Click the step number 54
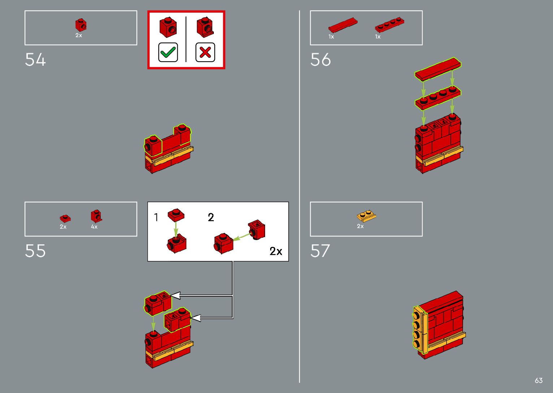click(x=35, y=60)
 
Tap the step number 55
click(x=35, y=251)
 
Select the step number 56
click(x=320, y=60)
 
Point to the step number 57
click(x=320, y=251)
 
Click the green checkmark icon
click(x=168, y=52)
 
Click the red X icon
click(x=205, y=52)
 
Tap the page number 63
click(x=539, y=380)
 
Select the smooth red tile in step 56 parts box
click(x=342, y=25)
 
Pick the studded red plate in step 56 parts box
click(x=389, y=25)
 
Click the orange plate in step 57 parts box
click(x=367, y=216)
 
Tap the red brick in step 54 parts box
click(x=81, y=25)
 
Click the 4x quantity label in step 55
click(x=94, y=227)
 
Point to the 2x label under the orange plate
click(x=360, y=226)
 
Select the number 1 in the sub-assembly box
click(x=156, y=217)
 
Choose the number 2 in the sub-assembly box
click(x=211, y=217)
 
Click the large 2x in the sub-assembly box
click(x=276, y=251)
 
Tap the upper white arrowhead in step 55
click(x=175, y=296)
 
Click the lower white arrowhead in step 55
click(x=195, y=318)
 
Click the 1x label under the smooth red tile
click(x=331, y=36)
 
